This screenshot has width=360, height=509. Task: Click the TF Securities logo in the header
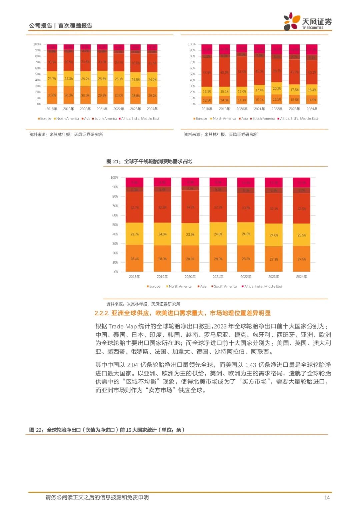(x=307, y=22)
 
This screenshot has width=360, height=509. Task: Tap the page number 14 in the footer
(x=327, y=497)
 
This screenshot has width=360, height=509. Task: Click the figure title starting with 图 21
(x=149, y=161)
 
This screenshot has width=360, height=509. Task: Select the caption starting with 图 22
(x=107, y=430)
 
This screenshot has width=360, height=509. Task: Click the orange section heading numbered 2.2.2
(x=182, y=313)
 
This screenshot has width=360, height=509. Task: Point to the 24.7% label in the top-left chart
(x=52, y=79)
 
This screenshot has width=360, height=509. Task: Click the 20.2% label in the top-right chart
(x=277, y=89)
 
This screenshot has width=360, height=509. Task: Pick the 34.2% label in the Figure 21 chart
(x=190, y=207)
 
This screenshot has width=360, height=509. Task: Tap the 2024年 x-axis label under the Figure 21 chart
(x=301, y=277)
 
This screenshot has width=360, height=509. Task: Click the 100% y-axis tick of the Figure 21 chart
(x=114, y=178)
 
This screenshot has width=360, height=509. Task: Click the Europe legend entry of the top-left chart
(x=45, y=119)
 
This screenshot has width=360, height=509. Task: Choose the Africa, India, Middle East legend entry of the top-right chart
(x=299, y=119)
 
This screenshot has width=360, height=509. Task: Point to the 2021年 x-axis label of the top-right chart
(x=259, y=109)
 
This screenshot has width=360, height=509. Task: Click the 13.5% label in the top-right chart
(x=207, y=100)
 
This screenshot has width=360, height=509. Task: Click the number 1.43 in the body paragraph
(x=250, y=365)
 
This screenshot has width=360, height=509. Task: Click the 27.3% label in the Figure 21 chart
(x=274, y=259)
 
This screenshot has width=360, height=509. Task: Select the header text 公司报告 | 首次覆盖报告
(x=60, y=26)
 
